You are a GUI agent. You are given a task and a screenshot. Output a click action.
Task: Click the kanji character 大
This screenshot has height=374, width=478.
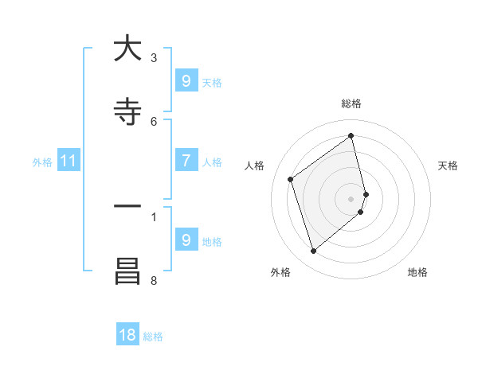point(127,49)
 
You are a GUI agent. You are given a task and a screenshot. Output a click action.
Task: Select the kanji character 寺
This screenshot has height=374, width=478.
point(127,112)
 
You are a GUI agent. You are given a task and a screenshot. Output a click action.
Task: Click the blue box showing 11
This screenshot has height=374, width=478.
point(69,162)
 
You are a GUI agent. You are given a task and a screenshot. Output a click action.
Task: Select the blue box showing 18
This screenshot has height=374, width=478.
point(127,335)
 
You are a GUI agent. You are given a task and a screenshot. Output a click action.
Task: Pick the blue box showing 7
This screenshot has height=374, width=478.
point(186,161)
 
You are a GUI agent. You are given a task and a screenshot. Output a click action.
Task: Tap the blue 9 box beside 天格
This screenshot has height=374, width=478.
point(186,81)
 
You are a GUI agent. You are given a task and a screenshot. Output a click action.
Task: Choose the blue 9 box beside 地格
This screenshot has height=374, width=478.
point(186,240)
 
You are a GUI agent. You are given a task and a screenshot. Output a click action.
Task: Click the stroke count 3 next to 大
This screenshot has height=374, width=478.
point(154,58)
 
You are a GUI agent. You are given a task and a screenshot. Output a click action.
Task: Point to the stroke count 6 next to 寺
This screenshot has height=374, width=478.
point(154,121)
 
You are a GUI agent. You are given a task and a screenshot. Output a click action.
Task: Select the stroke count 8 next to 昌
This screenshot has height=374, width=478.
point(154,280)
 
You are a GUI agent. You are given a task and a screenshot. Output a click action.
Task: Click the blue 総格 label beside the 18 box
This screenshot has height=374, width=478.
point(153,337)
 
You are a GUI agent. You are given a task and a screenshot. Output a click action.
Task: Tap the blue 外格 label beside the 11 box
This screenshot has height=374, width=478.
point(42,162)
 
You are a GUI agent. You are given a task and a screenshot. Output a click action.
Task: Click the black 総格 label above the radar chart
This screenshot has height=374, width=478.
point(351,103)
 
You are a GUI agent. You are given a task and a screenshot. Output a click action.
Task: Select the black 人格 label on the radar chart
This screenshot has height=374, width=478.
point(255,166)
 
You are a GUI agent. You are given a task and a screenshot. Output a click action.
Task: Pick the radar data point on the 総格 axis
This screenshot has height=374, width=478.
point(351,136)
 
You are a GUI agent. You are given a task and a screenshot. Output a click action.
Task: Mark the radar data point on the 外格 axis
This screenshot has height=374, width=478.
point(313,251)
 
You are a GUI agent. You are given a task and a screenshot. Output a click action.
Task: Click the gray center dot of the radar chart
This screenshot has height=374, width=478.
point(351,197)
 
